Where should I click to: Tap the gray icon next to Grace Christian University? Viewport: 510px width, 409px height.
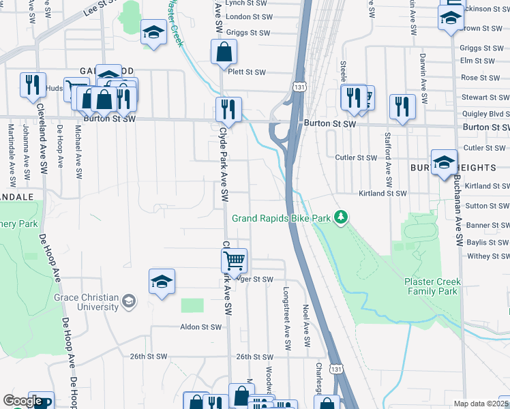(x=128, y=301)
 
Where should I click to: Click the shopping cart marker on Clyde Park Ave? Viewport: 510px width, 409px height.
(x=234, y=260)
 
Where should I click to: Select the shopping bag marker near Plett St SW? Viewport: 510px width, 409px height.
(x=224, y=51)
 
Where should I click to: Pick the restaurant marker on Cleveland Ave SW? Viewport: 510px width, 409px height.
(x=33, y=85)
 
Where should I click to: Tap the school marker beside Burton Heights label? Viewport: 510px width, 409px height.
(x=444, y=162)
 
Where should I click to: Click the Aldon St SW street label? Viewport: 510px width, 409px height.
(x=200, y=327)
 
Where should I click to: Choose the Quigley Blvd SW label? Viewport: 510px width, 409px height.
(x=485, y=114)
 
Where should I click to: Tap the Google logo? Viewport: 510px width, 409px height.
(x=22, y=401)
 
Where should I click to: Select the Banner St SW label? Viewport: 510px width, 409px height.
(x=487, y=225)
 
